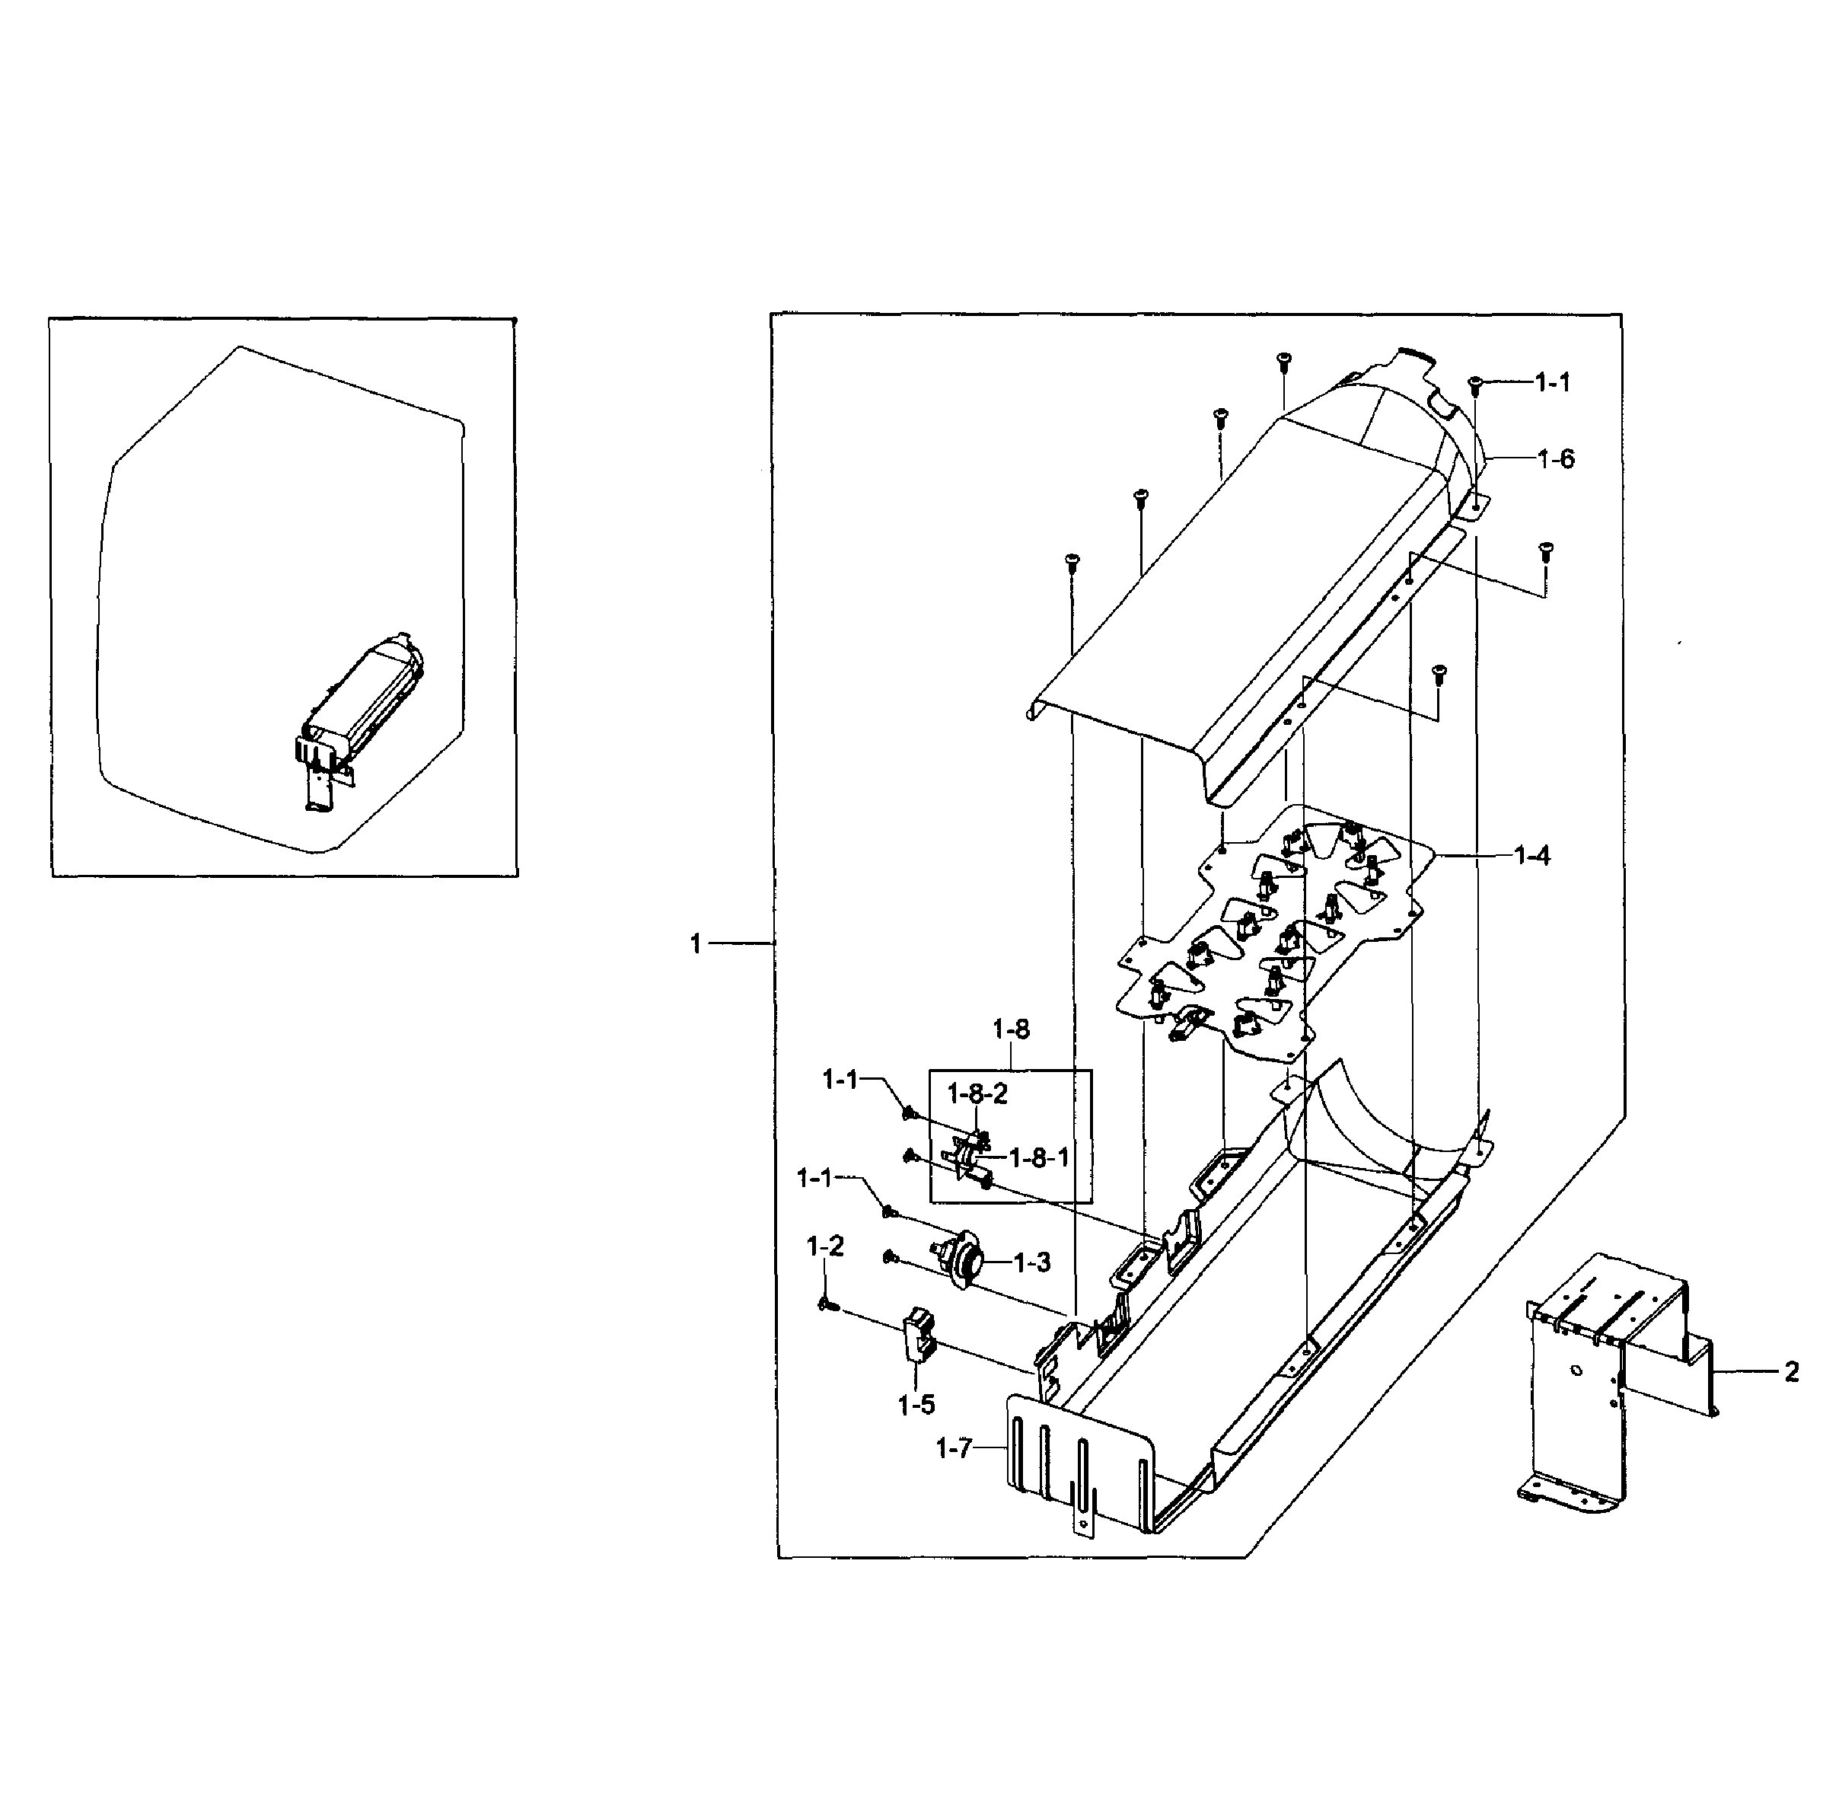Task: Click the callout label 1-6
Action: pyautogui.click(x=1555, y=460)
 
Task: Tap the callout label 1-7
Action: pyautogui.click(x=953, y=1448)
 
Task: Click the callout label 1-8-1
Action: pyautogui.click(x=1039, y=1157)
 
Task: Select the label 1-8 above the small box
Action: pyautogui.click(x=1011, y=1029)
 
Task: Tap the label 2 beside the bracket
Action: pyautogui.click(x=1791, y=1371)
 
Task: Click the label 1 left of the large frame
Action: pyautogui.click(x=696, y=944)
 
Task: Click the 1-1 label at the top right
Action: pyautogui.click(x=1552, y=382)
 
